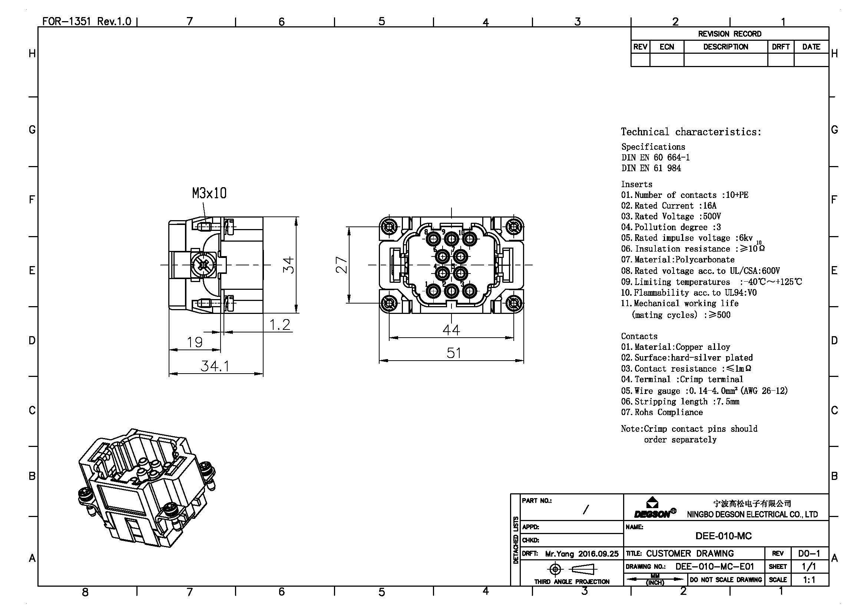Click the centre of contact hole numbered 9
(x=451, y=239)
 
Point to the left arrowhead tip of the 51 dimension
(x=379, y=361)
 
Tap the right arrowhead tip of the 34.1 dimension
(x=263, y=374)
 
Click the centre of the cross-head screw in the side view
(x=203, y=265)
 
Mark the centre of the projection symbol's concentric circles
(x=555, y=569)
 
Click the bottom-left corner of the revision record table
(x=631, y=66)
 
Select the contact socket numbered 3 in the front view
(x=469, y=291)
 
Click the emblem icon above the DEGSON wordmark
(x=652, y=503)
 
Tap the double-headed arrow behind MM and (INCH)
(x=655, y=579)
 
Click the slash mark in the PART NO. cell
(x=586, y=510)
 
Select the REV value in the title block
(x=809, y=554)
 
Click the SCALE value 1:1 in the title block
(x=809, y=579)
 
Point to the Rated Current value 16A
(x=709, y=206)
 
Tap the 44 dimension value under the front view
(x=451, y=330)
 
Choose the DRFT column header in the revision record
(x=781, y=47)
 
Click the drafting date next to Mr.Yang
(x=599, y=554)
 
